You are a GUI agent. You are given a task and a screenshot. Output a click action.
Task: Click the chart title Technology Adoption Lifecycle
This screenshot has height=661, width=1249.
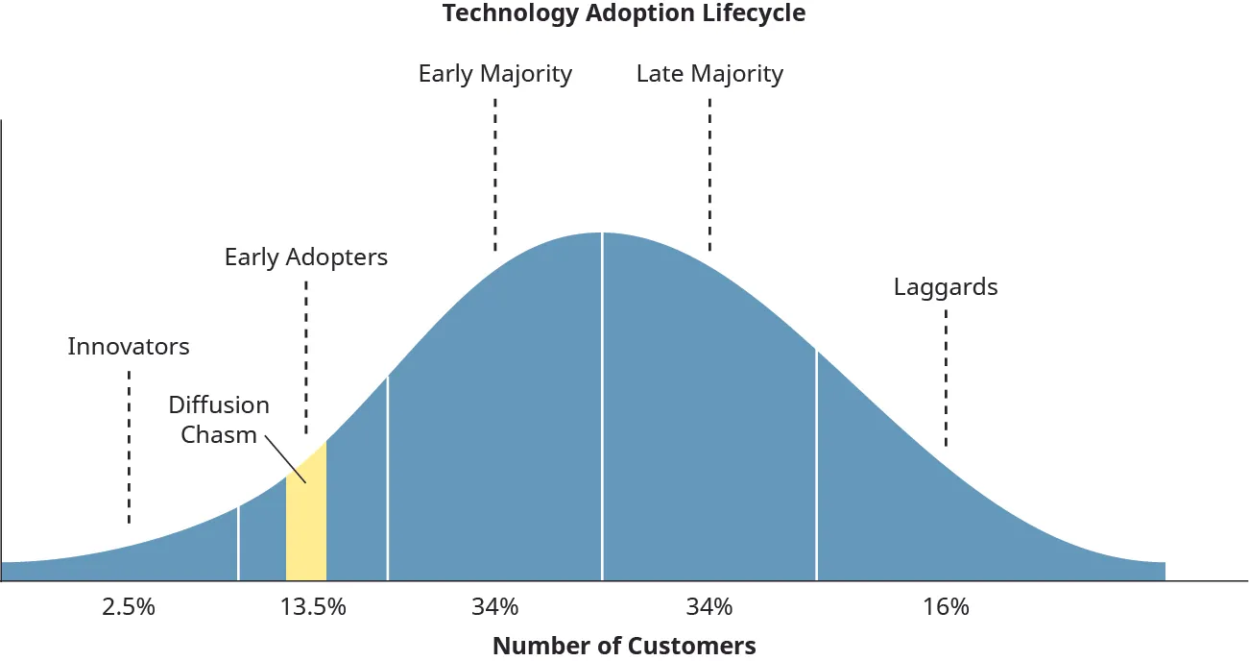pyautogui.click(x=624, y=13)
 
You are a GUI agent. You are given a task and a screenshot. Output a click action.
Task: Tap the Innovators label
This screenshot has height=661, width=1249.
pyautogui.click(x=129, y=346)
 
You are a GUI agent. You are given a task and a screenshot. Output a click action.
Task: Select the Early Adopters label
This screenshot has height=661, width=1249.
pyautogui.click(x=306, y=257)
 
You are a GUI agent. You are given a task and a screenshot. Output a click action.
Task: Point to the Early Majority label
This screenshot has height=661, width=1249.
pyautogui.click(x=495, y=74)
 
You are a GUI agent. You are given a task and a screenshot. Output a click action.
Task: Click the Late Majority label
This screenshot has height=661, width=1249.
pyautogui.click(x=709, y=74)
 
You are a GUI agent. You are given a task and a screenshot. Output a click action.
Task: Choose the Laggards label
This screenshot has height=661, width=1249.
pyautogui.click(x=946, y=286)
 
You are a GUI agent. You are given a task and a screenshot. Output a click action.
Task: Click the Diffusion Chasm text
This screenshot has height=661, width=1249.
pyautogui.click(x=219, y=419)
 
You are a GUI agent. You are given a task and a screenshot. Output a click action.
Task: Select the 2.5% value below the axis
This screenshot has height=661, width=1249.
pyautogui.click(x=129, y=607)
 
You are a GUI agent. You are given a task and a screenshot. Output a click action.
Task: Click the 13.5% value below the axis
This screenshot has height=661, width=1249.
pyautogui.click(x=313, y=607)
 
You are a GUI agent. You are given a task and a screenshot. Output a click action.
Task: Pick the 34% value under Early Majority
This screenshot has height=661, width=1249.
pyautogui.click(x=495, y=607)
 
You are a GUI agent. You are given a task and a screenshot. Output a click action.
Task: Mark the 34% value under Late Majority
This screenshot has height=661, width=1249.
pyautogui.click(x=709, y=607)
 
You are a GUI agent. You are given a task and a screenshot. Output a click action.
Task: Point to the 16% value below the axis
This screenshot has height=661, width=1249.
pyautogui.click(x=946, y=607)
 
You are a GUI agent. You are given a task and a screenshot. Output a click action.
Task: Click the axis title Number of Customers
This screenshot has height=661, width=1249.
pyautogui.click(x=624, y=646)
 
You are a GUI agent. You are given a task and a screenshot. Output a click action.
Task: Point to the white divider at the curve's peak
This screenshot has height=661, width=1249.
pyautogui.click(x=602, y=404)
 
